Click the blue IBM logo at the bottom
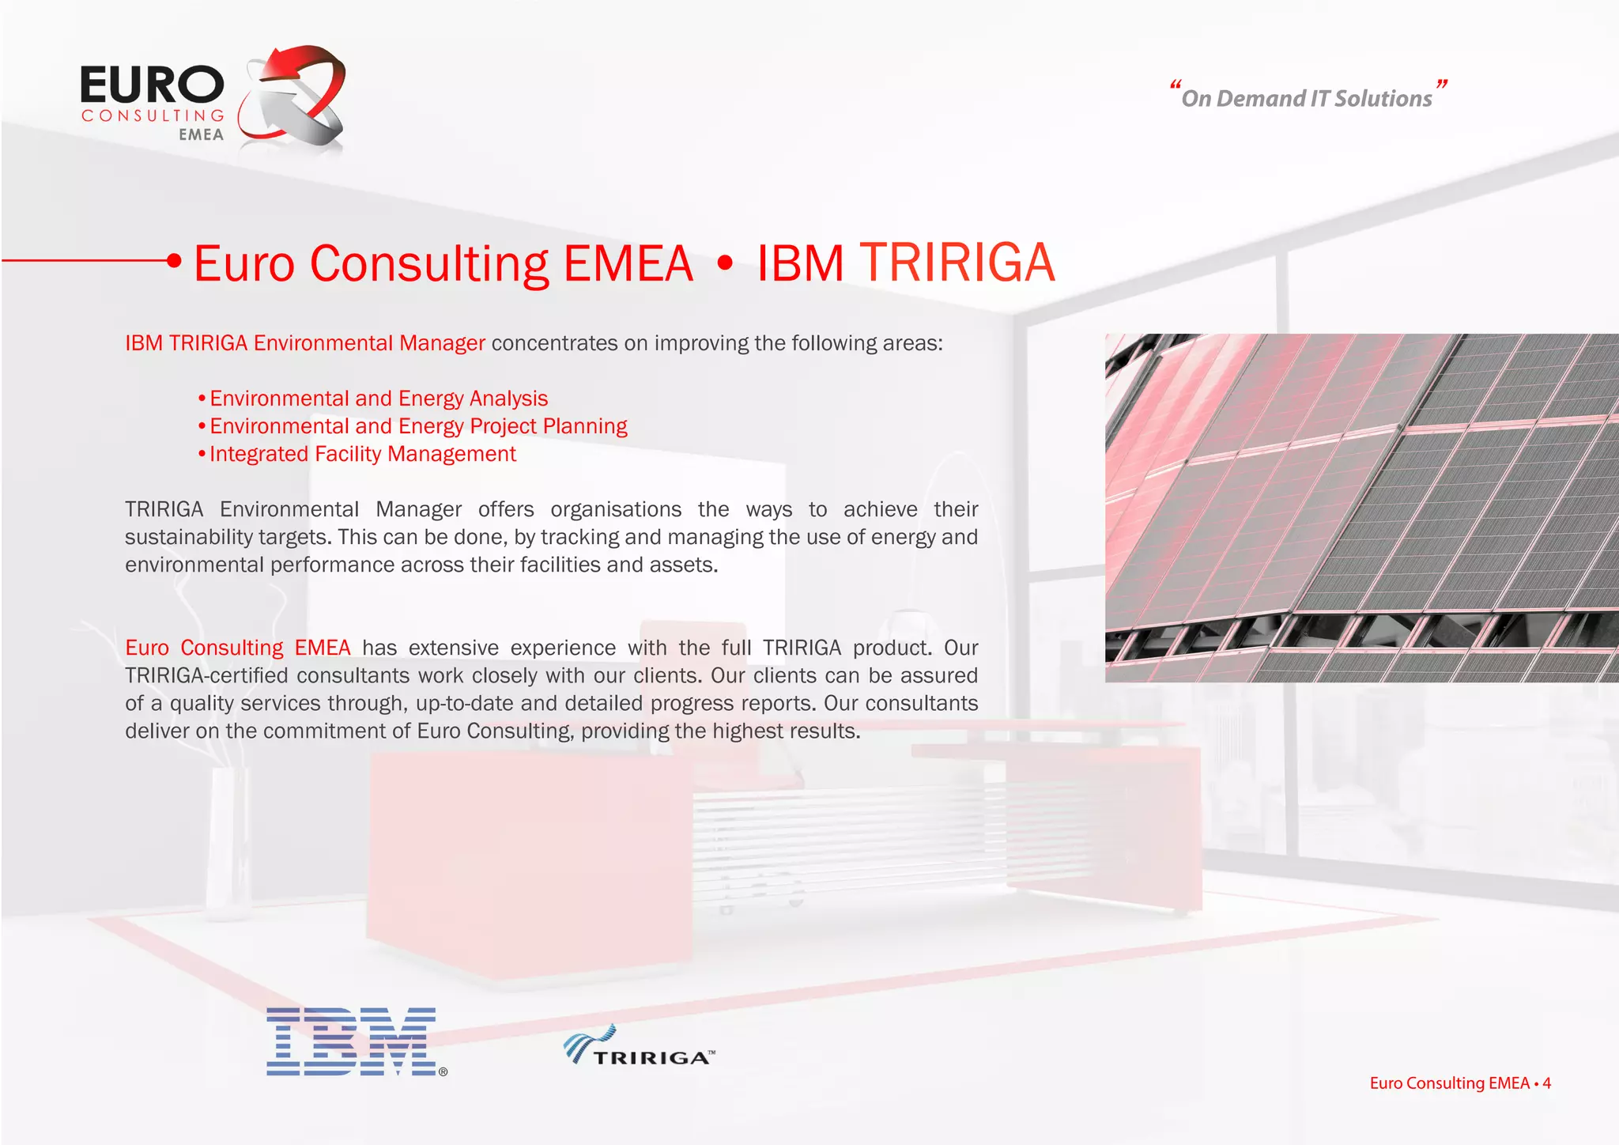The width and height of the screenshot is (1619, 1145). pos(351,1041)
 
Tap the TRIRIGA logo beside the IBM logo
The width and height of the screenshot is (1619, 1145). pos(639,1047)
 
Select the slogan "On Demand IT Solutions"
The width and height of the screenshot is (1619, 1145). pos(1306,98)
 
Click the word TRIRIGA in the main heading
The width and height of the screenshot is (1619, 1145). pos(957,263)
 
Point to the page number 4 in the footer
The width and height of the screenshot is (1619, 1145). pos(1546,1083)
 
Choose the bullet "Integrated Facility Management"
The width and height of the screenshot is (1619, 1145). pos(362,454)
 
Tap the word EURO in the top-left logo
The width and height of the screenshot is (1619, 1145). pos(152,85)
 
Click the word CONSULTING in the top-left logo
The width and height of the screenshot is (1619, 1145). pos(153,116)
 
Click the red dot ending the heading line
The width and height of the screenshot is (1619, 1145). pos(175,260)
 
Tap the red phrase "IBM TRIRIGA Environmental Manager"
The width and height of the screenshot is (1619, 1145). pos(305,343)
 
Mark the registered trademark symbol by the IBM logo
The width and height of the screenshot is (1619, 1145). pos(443,1072)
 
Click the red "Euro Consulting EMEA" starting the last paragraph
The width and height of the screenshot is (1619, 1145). pos(237,648)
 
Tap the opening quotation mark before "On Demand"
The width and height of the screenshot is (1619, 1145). pos(1175,85)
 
